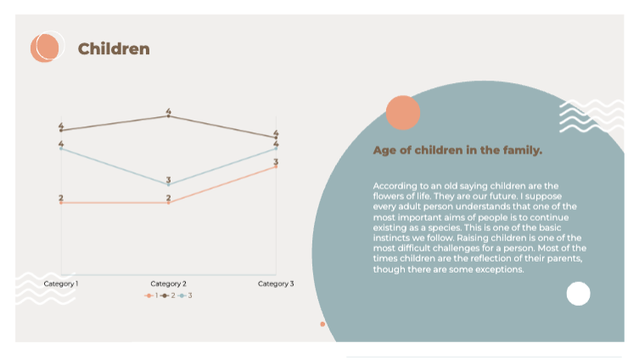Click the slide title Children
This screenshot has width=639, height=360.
click(114, 49)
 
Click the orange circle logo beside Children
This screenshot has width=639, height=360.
click(47, 48)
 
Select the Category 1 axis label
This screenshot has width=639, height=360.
click(61, 283)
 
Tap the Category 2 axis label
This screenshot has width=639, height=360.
click(168, 283)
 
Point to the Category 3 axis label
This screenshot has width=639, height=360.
click(276, 283)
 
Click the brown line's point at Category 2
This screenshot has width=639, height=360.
click(168, 115)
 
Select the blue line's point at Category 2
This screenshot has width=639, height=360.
click(168, 184)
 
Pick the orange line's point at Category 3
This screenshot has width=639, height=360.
click(276, 166)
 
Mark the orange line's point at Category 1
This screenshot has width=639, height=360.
click(61, 203)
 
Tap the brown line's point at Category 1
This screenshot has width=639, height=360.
click(61, 131)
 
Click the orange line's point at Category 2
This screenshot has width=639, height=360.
click(168, 203)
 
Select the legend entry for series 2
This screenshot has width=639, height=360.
click(168, 295)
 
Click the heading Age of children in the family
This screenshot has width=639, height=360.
click(457, 150)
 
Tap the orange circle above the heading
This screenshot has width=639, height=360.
click(403, 114)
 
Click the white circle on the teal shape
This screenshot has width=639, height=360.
click(578, 294)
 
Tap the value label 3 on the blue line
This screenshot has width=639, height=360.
click(168, 180)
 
